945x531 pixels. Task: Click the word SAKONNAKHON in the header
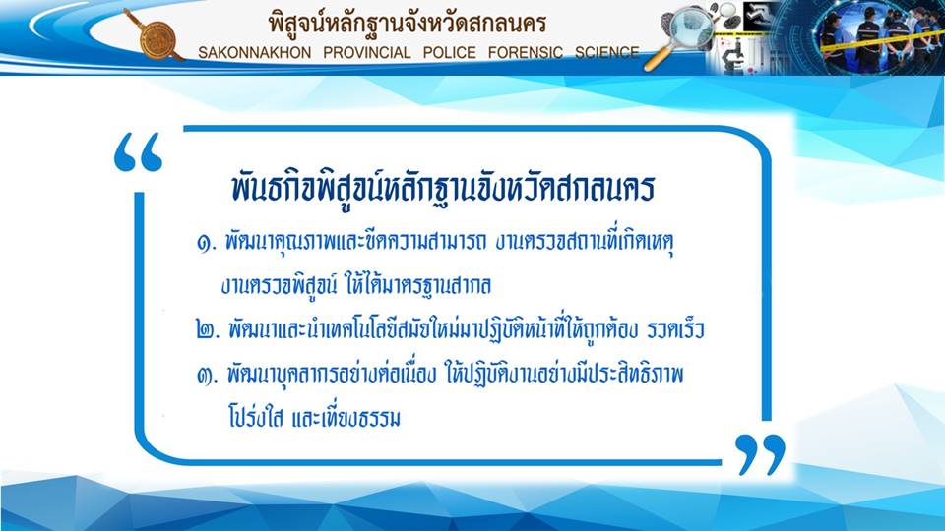tap(254, 53)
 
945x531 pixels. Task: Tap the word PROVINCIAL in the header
tap(367, 53)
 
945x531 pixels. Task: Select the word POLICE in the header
tap(450, 53)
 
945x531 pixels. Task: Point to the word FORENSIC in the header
tap(526, 53)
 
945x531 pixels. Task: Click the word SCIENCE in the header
tap(607, 53)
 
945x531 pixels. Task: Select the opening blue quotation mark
tap(138, 151)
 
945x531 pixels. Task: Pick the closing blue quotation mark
tap(761, 454)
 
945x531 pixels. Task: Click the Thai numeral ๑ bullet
tap(206, 244)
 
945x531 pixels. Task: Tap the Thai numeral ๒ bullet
tap(208, 330)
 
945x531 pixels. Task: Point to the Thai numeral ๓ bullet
tap(207, 376)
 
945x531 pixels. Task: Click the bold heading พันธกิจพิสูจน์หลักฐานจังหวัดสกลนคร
tap(443, 187)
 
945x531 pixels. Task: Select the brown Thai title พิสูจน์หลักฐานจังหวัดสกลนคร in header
tap(408, 24)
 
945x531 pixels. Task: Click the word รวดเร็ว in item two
tap(675, 329)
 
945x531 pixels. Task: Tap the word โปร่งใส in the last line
tap(255, 417)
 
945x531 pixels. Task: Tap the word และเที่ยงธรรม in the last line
tap(346, 417)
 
